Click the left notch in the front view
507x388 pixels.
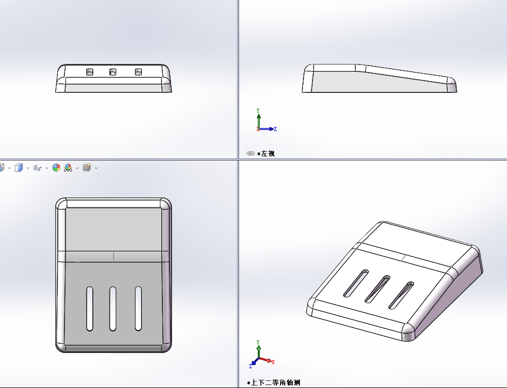(89, 72)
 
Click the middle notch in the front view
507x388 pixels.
(113, 72)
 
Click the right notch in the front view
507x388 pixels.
(138, 72)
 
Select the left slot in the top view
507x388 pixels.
(89, 309)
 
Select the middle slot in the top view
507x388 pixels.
(113, 309)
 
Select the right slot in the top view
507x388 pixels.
(138, 309)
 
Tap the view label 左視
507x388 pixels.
(268, 154)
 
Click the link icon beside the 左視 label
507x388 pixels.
(251, 153)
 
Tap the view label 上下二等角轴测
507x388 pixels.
(276, 383)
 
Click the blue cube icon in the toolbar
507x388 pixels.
(19, 168)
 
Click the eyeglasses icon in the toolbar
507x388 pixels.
(38, 168)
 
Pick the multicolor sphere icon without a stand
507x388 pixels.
(56, 168)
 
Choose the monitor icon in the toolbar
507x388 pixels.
(86, 167)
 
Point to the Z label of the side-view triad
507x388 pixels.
(275, 129)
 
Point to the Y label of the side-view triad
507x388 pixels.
(258, 111)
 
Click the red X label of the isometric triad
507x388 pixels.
(273, 362)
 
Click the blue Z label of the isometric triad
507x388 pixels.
(250, 366)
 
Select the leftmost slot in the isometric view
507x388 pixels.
(356, 283)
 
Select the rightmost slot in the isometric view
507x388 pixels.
(401, 295)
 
